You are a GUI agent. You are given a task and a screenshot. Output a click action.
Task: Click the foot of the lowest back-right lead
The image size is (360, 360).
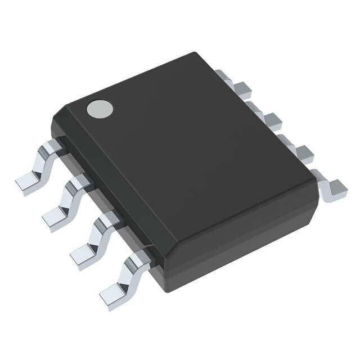coord(336,188)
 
